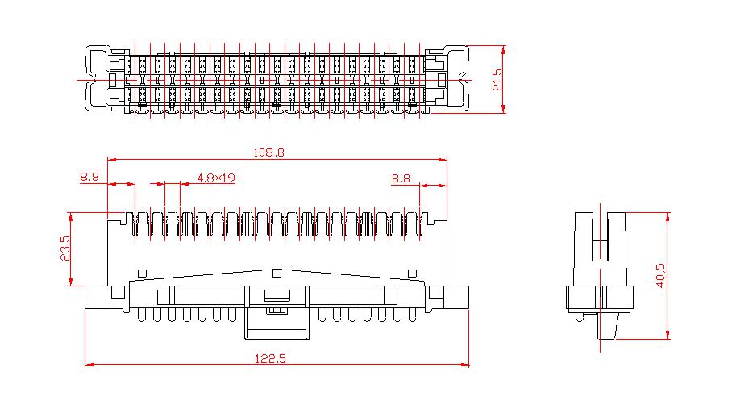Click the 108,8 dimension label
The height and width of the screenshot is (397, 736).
[268, 153]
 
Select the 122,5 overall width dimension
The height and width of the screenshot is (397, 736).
[270, 359]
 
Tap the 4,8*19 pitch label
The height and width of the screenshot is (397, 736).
[216, 178]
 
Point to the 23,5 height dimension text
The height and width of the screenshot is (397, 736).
[65, 249]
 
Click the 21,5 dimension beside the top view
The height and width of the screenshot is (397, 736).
[497, 80]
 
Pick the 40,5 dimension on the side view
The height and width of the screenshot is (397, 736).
[660, 275]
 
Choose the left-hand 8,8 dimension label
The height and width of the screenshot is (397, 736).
[89, 178]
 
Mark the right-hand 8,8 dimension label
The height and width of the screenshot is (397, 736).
[401, 178]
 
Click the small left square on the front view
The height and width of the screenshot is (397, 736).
[142, 274]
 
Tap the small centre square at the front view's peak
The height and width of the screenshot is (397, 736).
[277, 273]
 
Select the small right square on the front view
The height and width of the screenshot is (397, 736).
[412, 274]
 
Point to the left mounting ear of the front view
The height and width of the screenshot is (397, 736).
[97, 297]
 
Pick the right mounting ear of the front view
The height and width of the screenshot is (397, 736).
[457, 297]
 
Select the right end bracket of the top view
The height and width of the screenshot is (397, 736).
[456, 79]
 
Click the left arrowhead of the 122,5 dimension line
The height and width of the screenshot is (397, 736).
[89, 364]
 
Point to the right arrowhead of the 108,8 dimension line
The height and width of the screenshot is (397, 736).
[443, 160]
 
